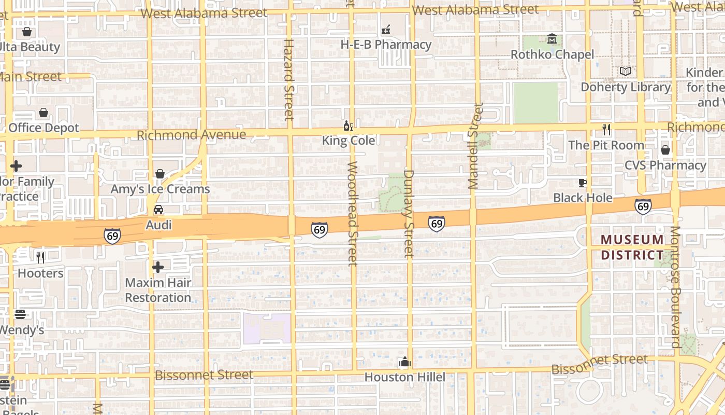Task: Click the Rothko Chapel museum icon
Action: click(x=552, y=39)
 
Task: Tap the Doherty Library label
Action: click(x=625, y=87)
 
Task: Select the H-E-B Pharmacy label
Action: click(x=386, y=45)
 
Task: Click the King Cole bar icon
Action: click(x=349, y=126)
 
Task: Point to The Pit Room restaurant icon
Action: click(x=606, y=130)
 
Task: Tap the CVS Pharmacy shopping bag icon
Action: click(x=665, y=150)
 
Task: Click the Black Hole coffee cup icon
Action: click(x=583, y=183)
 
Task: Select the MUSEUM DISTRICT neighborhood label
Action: click(x=632, y=247)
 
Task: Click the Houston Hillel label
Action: click(x=404, y=377)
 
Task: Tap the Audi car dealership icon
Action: click(x=158, y=210)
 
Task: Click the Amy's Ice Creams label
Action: click(x=160, y=189)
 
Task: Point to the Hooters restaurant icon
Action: click(x=40, y=257)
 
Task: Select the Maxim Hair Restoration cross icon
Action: click(x=158, y=267)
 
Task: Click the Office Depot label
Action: click(x=44, y=128)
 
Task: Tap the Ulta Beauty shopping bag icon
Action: click(x=27, y=32)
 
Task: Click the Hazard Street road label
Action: click(x=289, y=79)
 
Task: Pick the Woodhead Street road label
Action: click(x=352, y=213)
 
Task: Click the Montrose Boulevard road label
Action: click(x=675, y=286)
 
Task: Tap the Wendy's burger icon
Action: click(x=20, y=314)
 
